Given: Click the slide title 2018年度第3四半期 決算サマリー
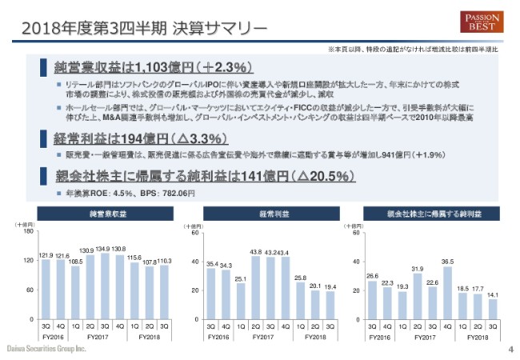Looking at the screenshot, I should tap(144, 29).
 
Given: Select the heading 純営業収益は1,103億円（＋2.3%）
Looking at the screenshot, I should tap(149, 66).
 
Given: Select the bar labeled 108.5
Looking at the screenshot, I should tap(76, 293).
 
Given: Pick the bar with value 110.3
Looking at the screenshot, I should tap(164, 292).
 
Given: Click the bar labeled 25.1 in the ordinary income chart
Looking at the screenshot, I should tap(241, 301).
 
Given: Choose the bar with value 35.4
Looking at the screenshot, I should tap(212, 294).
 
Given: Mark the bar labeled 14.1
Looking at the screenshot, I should tap(492, 309).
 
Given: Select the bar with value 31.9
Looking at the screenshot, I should tap(418, 296).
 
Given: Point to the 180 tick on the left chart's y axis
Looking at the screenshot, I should tap(28, 233).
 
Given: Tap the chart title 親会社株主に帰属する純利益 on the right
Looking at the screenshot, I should tap(432, 214).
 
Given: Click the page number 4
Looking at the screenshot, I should tap(510, 350).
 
